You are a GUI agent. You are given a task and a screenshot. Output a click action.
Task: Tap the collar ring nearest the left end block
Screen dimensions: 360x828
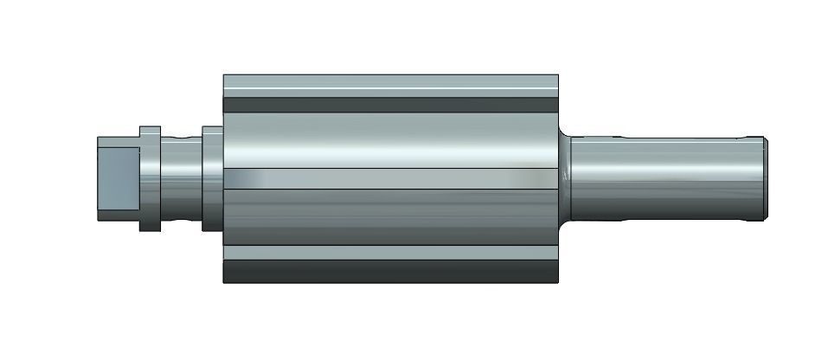(x=150, y=179)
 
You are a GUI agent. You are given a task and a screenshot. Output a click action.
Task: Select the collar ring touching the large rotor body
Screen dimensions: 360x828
(x=212, y=178)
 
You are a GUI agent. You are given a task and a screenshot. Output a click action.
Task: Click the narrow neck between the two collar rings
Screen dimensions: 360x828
(x=181, y=179)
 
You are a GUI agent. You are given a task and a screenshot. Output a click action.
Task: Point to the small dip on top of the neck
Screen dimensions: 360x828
(x=181, y=138)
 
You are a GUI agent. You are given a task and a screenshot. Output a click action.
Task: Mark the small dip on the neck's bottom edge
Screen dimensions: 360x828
(x=181, y=221)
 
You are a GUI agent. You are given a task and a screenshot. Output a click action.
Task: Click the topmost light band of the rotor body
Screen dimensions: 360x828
(x=389, y=86)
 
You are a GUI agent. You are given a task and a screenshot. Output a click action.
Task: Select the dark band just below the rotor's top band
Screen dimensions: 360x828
(x=389, y=105)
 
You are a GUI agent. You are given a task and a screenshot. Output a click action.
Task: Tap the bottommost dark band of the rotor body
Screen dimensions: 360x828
(x=389, y=272)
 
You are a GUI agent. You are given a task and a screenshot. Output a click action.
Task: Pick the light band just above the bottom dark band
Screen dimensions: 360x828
(x=389, y=253)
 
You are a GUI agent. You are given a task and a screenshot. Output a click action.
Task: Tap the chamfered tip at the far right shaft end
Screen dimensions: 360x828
(x=766, y=177)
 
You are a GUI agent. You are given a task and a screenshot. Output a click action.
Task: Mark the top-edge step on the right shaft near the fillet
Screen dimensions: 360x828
(x=619, y=136)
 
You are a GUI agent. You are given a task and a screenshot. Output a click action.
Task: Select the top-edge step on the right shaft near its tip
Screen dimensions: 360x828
(x=744, y=137)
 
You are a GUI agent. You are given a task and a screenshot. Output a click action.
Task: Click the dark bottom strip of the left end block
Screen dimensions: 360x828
(x=117, y=212)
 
